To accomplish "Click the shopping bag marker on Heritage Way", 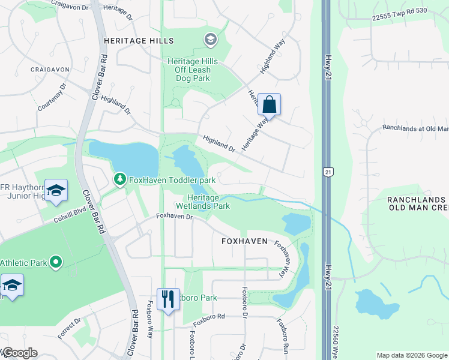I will pos(270,105).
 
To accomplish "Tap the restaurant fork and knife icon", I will pos(168,299).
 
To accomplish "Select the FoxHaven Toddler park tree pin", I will pos(120,179).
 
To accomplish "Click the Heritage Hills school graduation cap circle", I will pos(209,40).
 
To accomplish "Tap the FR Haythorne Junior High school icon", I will pos(56,191).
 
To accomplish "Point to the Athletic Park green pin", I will pos(56,262).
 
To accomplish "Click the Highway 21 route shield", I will pos(327,172).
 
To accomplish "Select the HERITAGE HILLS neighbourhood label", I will pos(139,41).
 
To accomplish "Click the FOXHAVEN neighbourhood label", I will pos(244,241).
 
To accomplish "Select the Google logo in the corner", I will pos(19,353).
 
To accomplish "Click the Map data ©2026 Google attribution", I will pos(412,355).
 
